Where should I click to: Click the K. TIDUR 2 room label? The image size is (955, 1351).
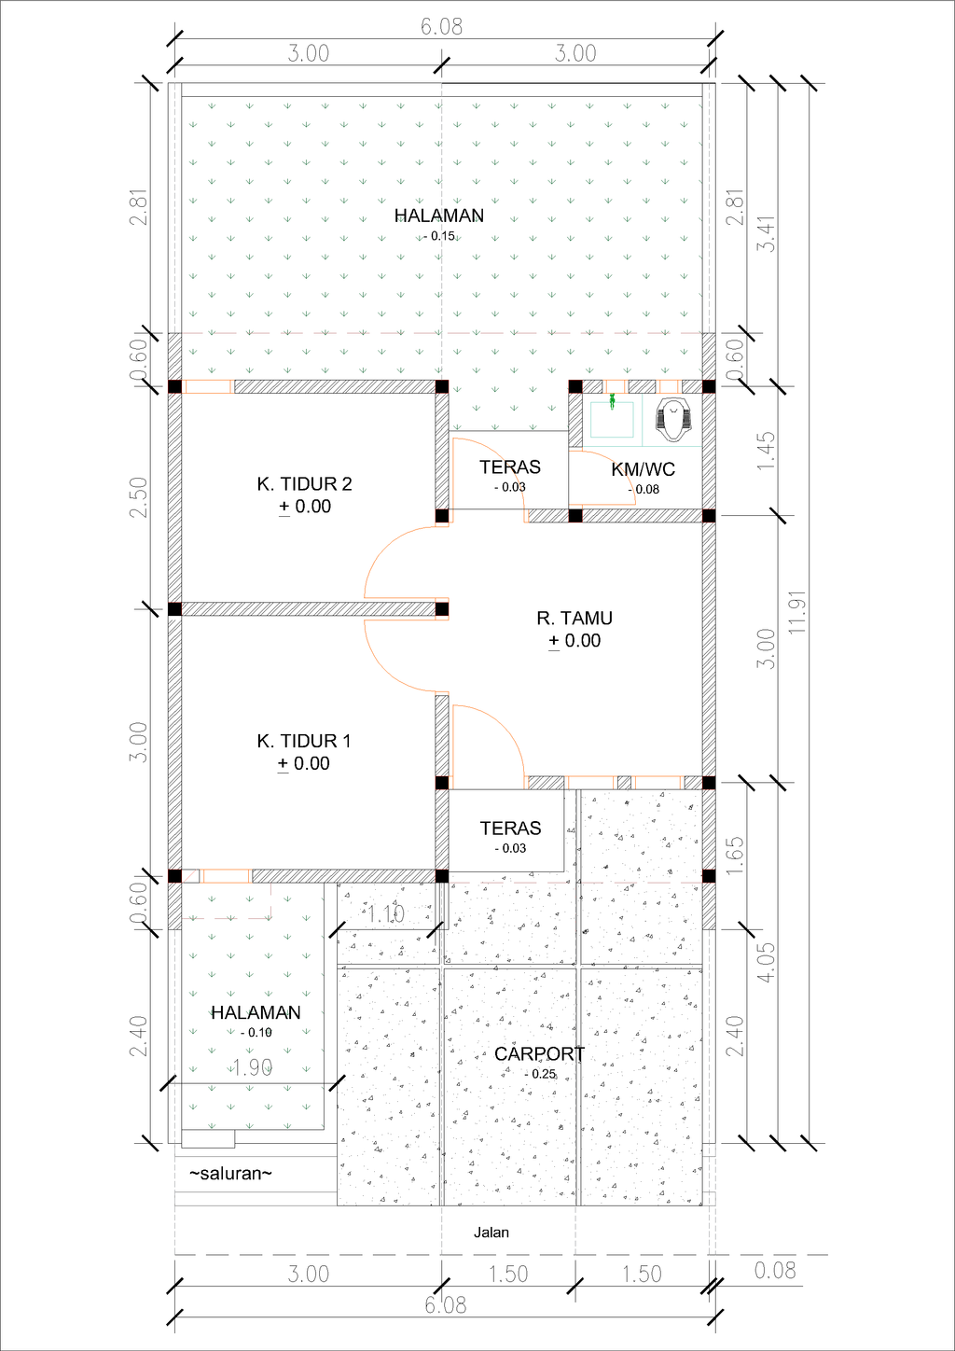coord(304,484)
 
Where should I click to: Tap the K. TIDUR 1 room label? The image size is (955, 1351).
coord(303,741)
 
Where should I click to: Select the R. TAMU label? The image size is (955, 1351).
coord(574,619)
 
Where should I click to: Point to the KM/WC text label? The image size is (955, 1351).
coord(643,469)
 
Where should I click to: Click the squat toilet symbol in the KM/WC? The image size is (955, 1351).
coord(673,420)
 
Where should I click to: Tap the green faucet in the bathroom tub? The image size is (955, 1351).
coord(612,402)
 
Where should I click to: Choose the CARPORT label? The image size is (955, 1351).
coord(539,1054)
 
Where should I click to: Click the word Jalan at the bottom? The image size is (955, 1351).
coord(491,1233)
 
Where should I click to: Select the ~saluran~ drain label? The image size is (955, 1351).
coord(230,1174)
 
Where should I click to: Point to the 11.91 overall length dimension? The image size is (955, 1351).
coord(796,612)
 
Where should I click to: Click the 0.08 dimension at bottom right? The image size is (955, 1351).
coord(775,1270)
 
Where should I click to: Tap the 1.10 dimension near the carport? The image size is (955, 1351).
coord(385,914)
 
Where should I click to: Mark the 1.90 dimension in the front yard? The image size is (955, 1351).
coord(251,1067)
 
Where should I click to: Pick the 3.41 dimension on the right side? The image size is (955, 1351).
coord(766,233)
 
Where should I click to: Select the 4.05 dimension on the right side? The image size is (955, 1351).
coord(766,961)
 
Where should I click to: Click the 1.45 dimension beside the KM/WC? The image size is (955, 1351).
coord(766,450)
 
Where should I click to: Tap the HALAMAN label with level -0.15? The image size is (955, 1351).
coord(438,216)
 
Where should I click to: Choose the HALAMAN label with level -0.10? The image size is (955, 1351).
coord(256,1012)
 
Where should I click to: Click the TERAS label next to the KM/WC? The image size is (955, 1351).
coord(510,467)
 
